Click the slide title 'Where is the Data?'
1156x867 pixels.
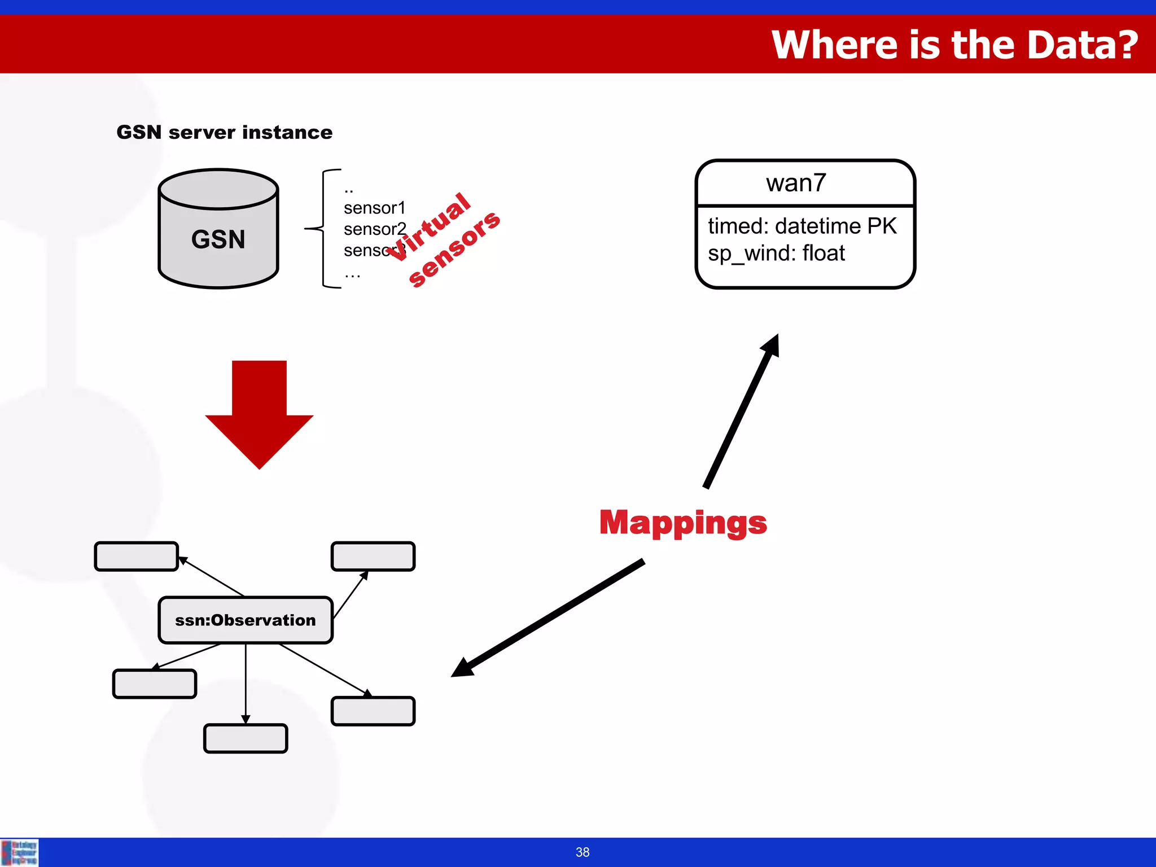coord(954,45)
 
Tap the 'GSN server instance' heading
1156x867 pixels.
coord(224,133)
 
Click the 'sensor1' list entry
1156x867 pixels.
coord(374,208)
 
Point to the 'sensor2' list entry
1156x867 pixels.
coord(374,229)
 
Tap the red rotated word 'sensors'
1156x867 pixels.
coord(454,249)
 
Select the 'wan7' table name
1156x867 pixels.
coord(796,183)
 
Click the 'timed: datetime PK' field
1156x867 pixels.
coord(802,226)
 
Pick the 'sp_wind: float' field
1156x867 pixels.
coord(776,253)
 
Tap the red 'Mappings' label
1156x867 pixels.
coord(683,522)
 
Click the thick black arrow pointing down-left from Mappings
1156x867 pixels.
coord(548,618)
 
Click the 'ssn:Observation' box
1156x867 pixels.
coord(246,620)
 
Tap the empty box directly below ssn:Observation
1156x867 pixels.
coord(246,738)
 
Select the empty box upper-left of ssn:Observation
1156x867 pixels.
coord(137,557)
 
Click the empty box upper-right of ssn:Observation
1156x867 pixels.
coord(373,557)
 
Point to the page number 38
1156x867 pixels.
coord(583,852)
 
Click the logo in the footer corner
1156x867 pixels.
coord(19,852)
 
